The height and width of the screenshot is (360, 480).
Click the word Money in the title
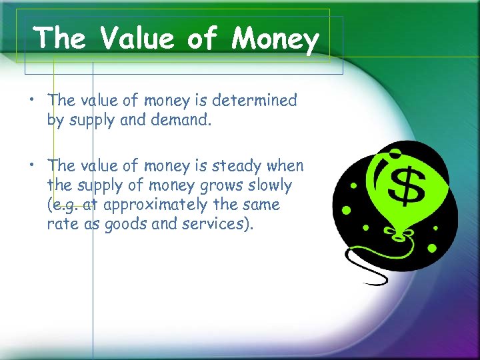275,39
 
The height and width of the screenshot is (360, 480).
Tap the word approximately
159,205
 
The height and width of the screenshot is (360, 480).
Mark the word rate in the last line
61,223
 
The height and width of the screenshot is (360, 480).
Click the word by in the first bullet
56,120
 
